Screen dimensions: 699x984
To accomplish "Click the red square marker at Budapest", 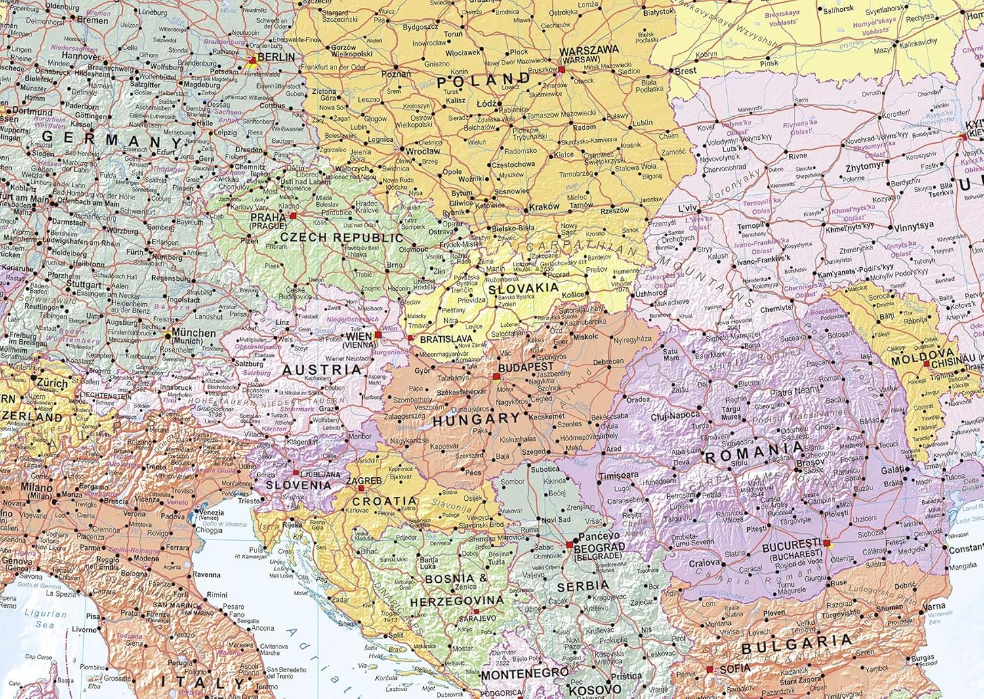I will click(496, 377).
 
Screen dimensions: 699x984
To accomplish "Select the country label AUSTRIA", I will click(321, 370).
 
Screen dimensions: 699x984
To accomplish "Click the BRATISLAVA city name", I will click(446, 339).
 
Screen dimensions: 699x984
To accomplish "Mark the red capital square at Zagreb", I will click(360, 488).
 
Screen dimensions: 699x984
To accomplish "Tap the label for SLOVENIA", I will click(298, 485).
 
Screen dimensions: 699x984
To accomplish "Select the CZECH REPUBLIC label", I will click(341, 237).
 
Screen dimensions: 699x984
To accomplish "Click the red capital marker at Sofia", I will click(708, 669).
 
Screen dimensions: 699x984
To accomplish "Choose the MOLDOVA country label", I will click(914, 360).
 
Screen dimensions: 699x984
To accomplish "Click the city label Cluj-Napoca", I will click(675, 415).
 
